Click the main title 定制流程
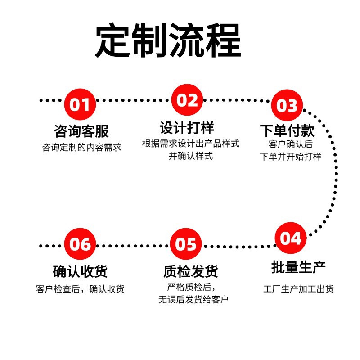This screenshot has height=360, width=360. click(167, 41)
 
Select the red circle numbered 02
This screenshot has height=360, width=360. click(187, 100)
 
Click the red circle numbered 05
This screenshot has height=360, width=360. click(186, 244)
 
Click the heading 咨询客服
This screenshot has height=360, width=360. click(81, 131)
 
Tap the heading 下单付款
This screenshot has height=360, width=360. click(287, 130)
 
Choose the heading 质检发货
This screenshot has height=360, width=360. click(191, 271)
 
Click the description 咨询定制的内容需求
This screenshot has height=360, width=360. click(82, 147)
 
